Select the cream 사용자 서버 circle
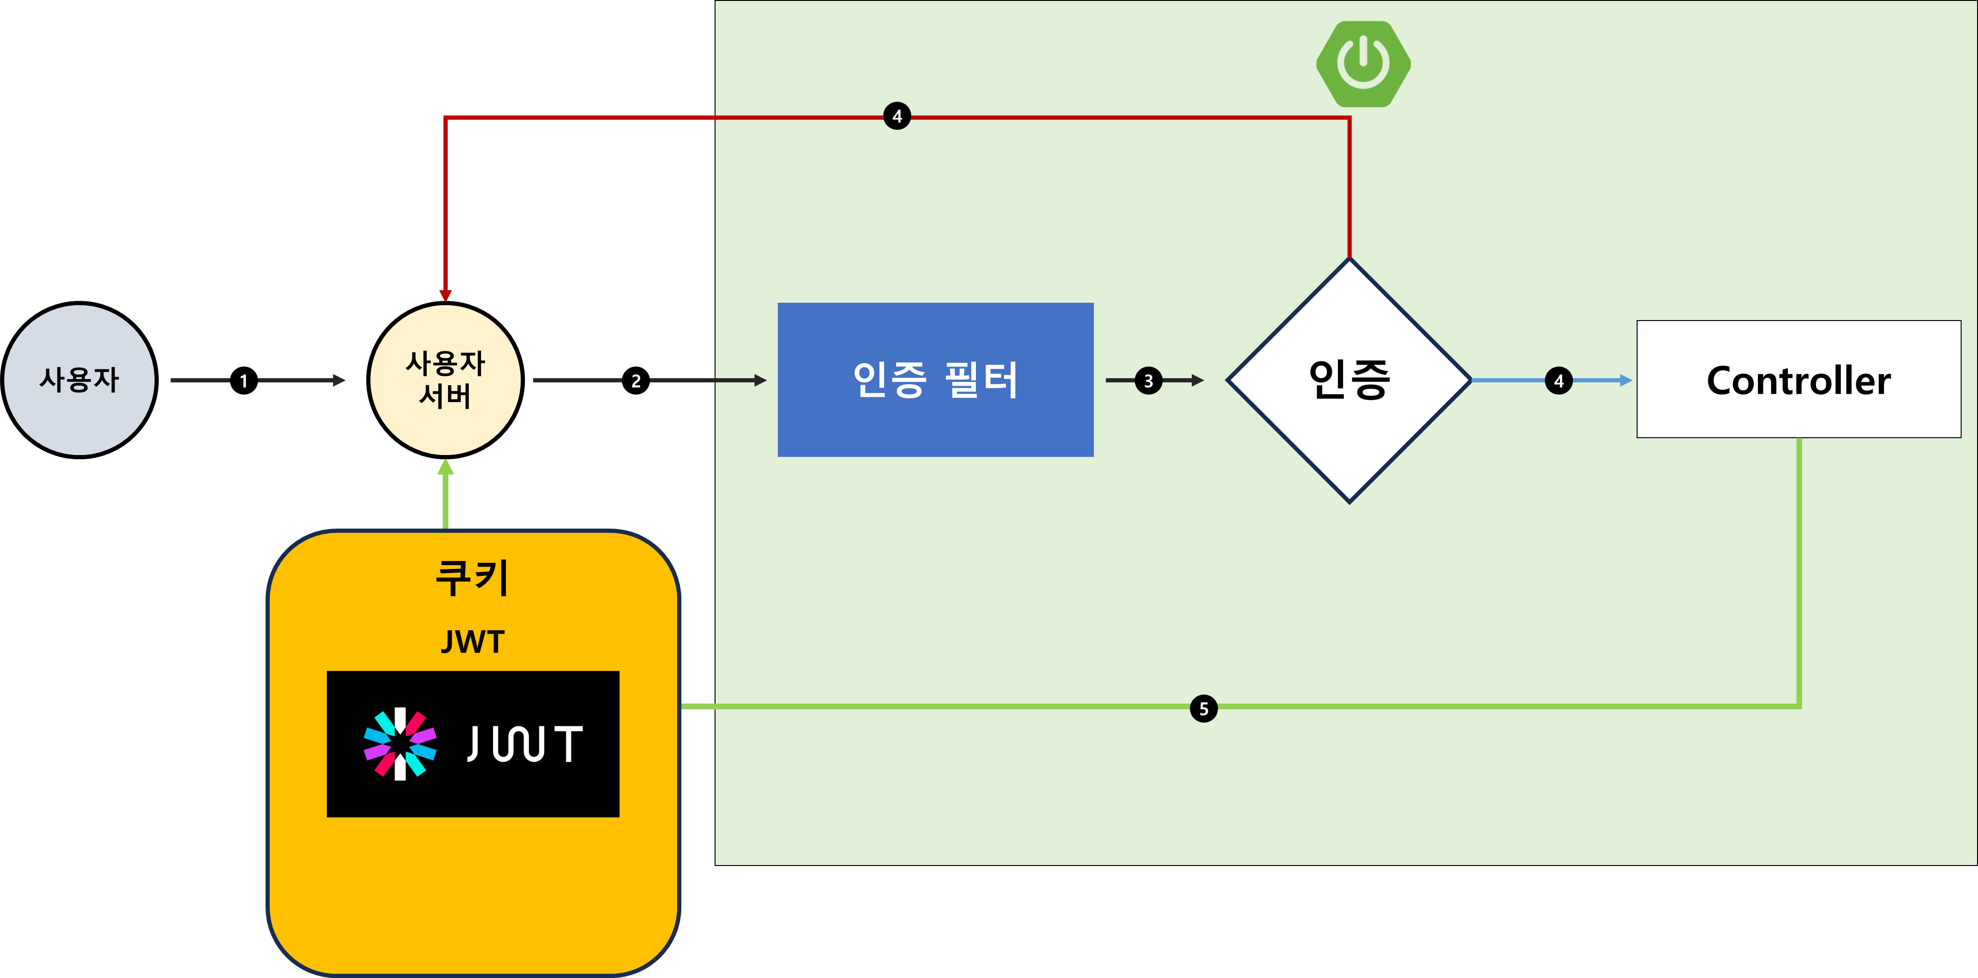tap(445, 380)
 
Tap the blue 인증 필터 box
tap(935, 380)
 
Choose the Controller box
tap(1798, 380)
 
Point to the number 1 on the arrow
tap(244, 381)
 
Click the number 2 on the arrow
tap(636, 381)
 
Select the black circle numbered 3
tap(1148, 381)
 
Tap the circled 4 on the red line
tap(897, 117)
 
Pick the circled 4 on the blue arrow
tap(1558, 381)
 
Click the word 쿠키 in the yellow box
tap(472, 578)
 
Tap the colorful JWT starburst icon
tap(400, 744)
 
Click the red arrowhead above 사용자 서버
tap(445, 296)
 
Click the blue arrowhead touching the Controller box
tap(1625, 381)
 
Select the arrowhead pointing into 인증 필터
tap(760, 381)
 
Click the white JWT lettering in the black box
tap(524, 744)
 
